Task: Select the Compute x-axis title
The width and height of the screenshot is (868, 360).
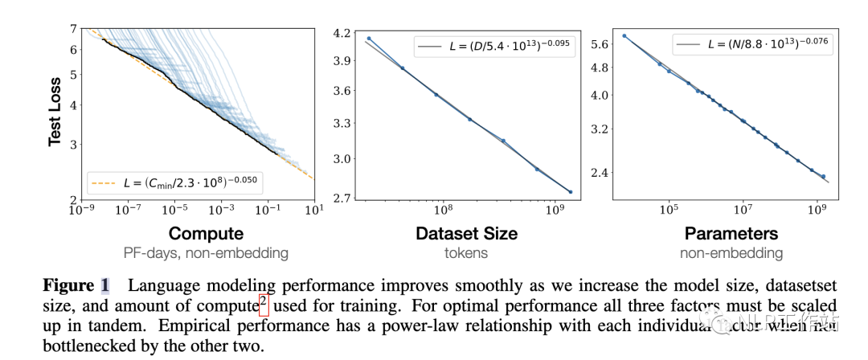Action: point(206,234)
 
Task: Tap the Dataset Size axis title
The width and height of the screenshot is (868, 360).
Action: point(466,234)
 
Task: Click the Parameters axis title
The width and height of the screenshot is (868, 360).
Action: point(731,234)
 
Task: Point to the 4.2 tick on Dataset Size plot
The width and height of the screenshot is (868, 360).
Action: point(342,33)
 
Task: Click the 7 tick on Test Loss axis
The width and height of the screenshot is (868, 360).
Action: point(73,30)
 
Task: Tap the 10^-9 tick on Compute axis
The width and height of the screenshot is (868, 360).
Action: point(82,210)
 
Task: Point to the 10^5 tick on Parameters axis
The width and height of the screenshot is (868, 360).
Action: point(667,210)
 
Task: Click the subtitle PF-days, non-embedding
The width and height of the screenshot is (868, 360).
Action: point(206,253)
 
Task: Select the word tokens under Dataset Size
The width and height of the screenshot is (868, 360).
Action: point(466,253)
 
